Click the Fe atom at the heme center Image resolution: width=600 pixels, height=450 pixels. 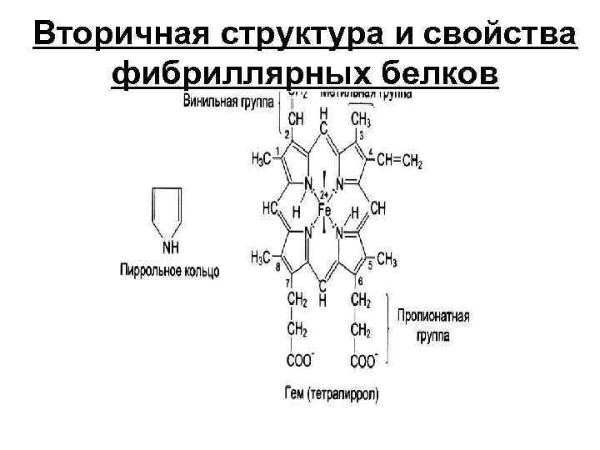(323, 210)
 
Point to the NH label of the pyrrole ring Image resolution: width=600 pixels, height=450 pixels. (170, 247)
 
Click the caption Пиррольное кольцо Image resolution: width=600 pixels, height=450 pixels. (170, 272)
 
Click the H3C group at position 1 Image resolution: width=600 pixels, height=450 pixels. (262, 158)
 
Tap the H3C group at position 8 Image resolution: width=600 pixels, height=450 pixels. (262, 258)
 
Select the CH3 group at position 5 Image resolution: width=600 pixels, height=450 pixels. (386, 259)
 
